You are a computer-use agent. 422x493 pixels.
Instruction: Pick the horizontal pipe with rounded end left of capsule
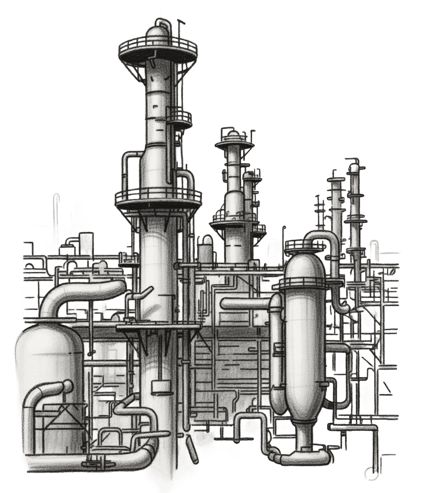point(246,304)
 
